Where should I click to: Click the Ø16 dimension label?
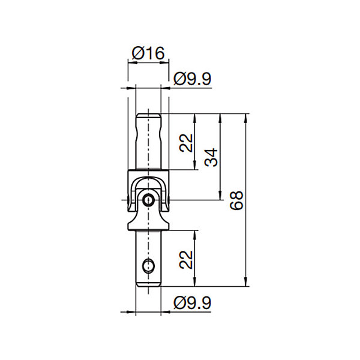coord(148,53)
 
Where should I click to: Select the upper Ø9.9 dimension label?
coord(192,79)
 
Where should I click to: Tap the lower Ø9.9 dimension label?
coord(192,303)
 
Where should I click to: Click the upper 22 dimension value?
coord(186,143)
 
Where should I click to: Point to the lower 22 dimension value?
coord(186,259)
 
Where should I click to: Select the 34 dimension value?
coord(211,157)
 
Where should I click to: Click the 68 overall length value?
coord(236,200)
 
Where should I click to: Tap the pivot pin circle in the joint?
coord(148,200)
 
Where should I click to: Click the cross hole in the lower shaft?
coord(148,265)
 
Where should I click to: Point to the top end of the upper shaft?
coord(148,114)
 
